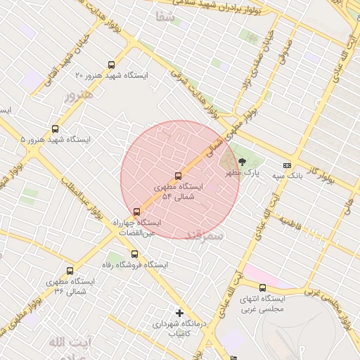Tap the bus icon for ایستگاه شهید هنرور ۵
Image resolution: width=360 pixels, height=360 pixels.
[x=55, y=129]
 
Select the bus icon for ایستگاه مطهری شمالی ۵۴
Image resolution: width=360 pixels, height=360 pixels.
[x=177, y=176]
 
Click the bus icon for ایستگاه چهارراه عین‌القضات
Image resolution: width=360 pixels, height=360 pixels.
[x=136, y=212]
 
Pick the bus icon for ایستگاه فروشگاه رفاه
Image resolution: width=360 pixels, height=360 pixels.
[x=134, y=255]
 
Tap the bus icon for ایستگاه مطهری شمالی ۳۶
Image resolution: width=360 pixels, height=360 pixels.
[x=70, y=271]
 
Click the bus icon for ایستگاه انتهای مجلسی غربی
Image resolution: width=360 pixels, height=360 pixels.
[x=262, y=288]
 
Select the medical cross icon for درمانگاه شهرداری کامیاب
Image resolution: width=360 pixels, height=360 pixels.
[x=179, y=313]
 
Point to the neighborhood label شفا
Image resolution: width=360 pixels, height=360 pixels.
[x=165, y=36]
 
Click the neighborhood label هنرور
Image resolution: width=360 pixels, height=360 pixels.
[x=79, y=94]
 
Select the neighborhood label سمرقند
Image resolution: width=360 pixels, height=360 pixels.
[x=204, y=236]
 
